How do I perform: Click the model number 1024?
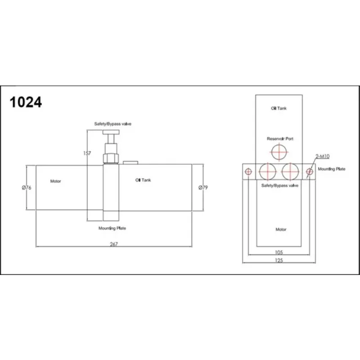[x=26, y=102]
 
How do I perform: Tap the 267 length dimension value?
[x=114, y=244]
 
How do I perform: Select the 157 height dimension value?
[x=87, y=153]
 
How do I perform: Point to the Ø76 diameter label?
[x=27, y=188]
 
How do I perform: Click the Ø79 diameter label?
[x=203, y=188]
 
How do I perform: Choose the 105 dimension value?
[x=279, y=252]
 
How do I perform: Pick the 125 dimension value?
[x=279, y=261]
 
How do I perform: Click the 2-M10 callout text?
[x=323, y=156]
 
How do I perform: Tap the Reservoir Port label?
[x=280, y=139]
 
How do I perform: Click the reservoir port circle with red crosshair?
[x=279, y=152]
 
